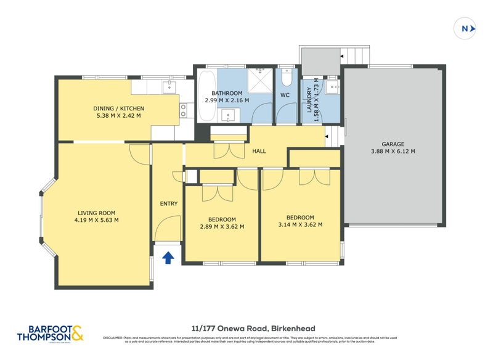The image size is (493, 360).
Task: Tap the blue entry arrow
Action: [x=168, y=257]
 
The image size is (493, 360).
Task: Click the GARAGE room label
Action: [x=393, y=144]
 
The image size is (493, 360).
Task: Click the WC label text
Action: [x=285, y=96]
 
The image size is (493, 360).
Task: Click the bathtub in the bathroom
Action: [x=206, y=96]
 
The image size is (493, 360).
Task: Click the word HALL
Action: [x=259, y=150]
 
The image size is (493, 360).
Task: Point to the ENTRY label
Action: [x=168, y=204]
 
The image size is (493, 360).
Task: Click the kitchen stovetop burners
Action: [x=184, y=110]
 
